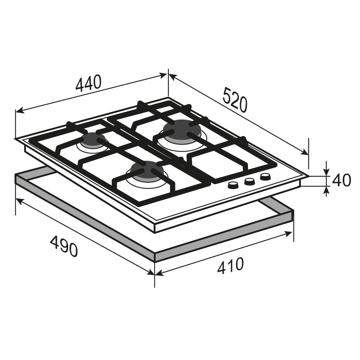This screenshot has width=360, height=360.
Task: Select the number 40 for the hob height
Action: point(341,180)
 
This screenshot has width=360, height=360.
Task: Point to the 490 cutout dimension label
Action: point(64,246)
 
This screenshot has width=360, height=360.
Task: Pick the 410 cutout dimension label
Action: point(230,266)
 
